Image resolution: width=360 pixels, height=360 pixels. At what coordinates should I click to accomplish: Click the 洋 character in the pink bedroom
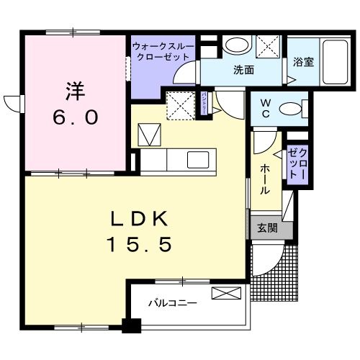76,91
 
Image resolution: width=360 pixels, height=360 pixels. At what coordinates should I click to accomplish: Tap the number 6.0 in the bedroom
75,117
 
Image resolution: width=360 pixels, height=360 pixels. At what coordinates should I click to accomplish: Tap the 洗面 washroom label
243,71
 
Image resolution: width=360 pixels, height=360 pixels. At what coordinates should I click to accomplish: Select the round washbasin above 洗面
234,45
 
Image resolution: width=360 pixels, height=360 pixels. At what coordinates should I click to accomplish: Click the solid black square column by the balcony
131,325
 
